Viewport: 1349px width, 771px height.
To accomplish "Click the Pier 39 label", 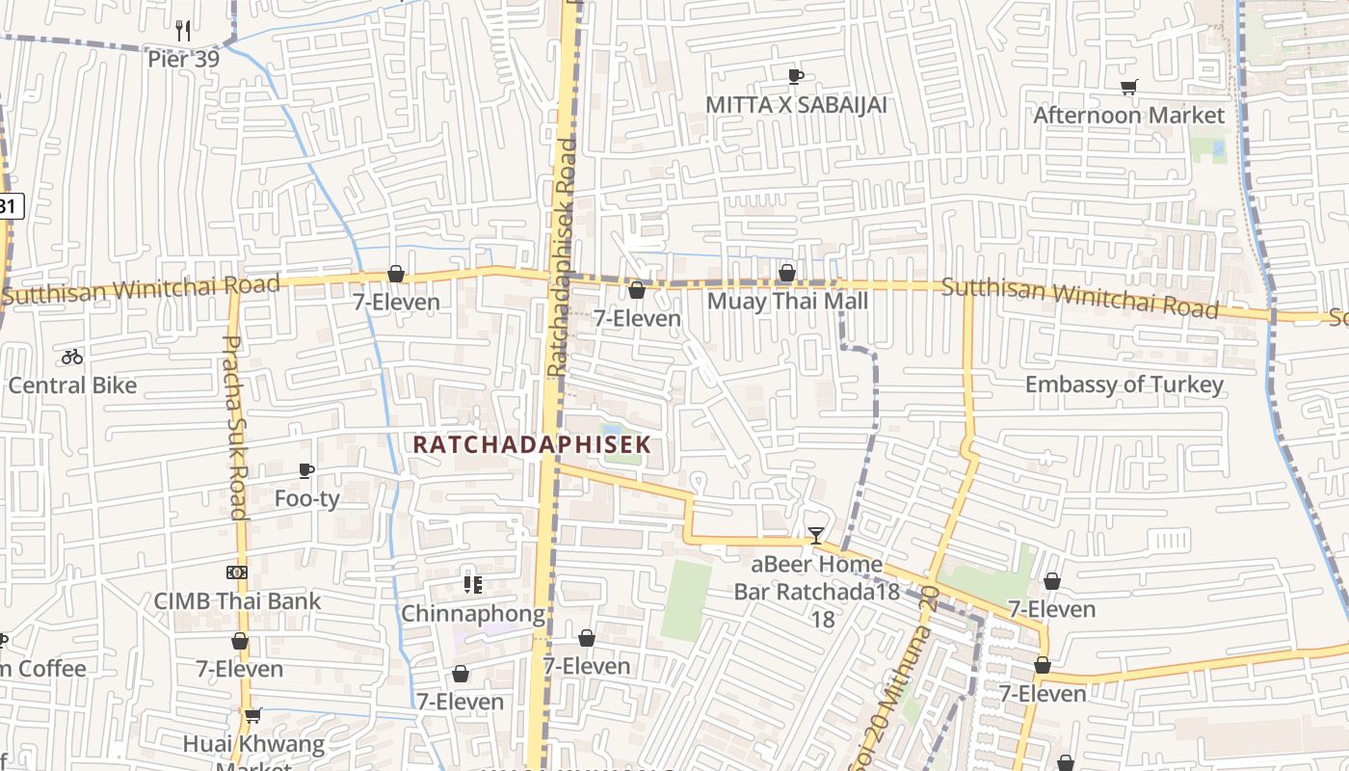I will pos(183,59).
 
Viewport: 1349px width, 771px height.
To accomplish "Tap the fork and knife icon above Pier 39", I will pos(183,30).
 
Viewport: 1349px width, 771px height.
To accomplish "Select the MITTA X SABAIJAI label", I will pos(796,104).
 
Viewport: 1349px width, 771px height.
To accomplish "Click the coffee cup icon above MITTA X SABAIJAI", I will pos(796,76).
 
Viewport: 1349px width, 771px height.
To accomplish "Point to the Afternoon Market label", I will pos(1128,116).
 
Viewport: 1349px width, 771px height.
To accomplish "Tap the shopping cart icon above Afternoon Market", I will pos(1129,88).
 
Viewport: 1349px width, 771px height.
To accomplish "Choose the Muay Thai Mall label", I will pos(787,302).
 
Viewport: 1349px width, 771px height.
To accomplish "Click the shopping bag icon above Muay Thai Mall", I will pos(787,274).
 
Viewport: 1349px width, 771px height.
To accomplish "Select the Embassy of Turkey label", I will pos(1124,385).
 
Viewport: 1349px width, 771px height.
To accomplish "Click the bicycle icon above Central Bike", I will pos(72,357).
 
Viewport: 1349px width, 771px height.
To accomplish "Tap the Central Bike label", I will pos(72,385).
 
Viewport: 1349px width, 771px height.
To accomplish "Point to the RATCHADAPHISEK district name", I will pos(532,444).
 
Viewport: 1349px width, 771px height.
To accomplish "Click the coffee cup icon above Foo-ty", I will pos(306,470).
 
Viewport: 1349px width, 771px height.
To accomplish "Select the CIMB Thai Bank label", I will pos(237,601).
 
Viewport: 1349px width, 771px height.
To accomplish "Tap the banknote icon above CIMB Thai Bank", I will pos(237,572).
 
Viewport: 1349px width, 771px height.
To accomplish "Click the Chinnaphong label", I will pos(472,614).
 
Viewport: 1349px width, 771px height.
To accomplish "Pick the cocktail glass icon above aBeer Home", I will pos(816,536).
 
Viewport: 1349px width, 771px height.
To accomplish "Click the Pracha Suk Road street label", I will pos(235,426).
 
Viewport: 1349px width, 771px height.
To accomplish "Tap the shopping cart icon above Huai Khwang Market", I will pos(253,715).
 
